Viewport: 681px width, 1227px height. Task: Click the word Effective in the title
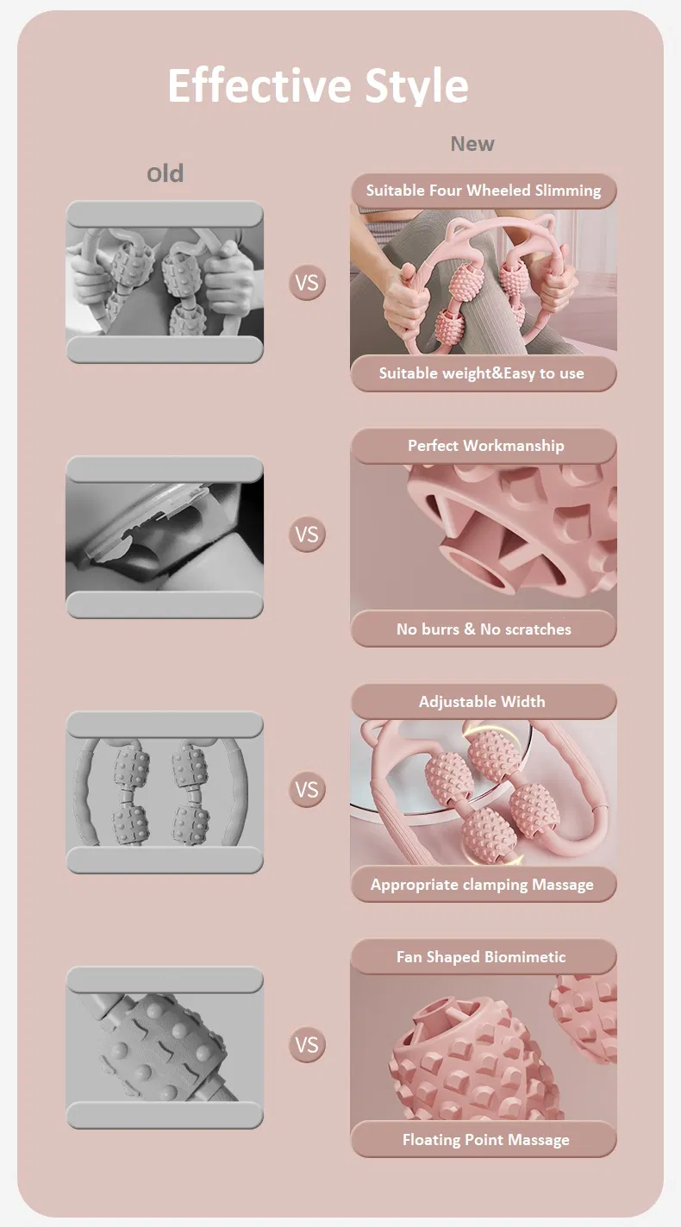[x=259, y=85]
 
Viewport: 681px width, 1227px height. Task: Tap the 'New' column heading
[x=472, y=143]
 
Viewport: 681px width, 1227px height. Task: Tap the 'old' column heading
[x=165, y=173]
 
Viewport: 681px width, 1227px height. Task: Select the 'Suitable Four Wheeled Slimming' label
[x=484, y=191]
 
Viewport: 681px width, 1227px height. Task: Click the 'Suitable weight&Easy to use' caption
[x=482, y=373]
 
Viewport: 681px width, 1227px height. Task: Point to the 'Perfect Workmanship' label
[x=485, y=446]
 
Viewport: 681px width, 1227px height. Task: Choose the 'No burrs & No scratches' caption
[x=484, y=629]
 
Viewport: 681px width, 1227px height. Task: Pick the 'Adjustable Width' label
[x=482, y=702]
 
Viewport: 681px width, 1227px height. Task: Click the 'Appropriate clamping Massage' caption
[x=482, y=885]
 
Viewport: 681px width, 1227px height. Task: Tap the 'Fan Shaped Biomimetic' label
[x=481, y=957]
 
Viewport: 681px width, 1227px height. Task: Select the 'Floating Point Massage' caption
[x=485, y=1140]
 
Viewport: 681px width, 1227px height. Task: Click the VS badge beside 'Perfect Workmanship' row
[x=307, y=534]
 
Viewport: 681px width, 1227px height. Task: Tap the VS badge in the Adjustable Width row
[x=307, y=789]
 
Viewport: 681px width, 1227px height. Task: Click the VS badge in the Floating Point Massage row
[x=307, y=1044]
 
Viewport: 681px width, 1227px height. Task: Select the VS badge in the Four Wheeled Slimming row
[x=307, y=282]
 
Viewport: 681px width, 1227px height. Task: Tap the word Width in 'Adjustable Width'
[x=522, y=702]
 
